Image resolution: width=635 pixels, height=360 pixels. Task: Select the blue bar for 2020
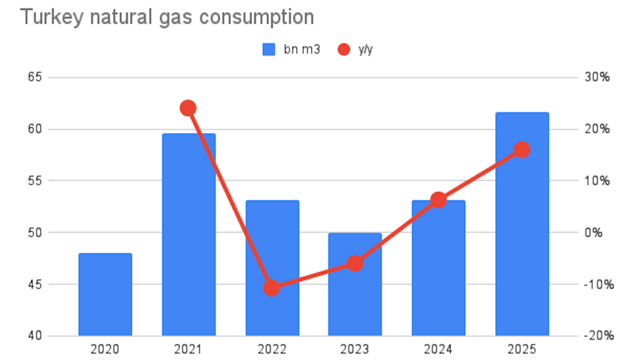[105, 294]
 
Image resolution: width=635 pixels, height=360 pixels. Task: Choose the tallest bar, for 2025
[522, 224]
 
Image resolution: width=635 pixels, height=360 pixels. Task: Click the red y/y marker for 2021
[188, 108]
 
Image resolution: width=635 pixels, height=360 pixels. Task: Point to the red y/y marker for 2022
[272, 288]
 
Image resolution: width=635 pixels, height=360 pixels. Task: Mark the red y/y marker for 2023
[355, 263]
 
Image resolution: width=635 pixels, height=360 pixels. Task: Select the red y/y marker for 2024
[438, 200]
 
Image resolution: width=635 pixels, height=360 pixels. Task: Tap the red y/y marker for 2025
[522, 150]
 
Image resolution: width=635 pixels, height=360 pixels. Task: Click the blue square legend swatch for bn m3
[269, 49]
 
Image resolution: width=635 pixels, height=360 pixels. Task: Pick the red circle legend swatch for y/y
[344, 49]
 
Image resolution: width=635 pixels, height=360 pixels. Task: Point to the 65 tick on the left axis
[34, 77]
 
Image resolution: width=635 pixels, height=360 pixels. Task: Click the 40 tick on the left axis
[34, 336]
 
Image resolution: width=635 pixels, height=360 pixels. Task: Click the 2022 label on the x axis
[272, 349]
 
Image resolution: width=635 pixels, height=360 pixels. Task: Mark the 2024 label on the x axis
[438, 349]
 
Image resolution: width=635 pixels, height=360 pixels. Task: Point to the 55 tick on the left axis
[34, 181]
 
